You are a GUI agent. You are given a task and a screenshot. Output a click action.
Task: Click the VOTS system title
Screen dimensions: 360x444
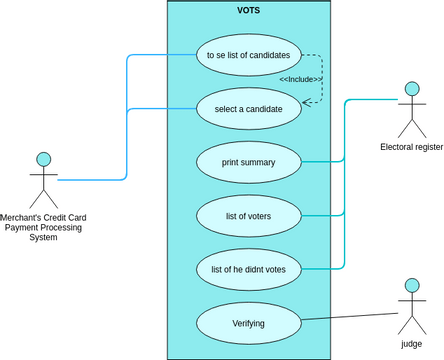click(x=249, y=10)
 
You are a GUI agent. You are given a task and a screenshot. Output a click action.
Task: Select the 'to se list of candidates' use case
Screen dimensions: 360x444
click(x=249, y=55)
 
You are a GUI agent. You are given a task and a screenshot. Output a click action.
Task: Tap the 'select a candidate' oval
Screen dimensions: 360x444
click(x=249, y=108)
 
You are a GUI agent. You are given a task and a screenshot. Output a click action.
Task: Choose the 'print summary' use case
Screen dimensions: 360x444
click(x=249, y=162)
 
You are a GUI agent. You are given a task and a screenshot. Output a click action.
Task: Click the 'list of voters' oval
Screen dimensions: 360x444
click(x=249, y=215)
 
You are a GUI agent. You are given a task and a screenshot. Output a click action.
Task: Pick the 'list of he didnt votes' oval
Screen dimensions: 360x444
click(x=249, y=269)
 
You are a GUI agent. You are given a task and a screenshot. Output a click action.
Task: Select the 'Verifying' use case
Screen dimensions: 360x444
click(x=249, y=323)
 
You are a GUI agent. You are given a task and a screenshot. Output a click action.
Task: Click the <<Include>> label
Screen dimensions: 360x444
click(x=299, y=79)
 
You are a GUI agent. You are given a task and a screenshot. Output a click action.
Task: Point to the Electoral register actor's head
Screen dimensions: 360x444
click(x=411, y=90)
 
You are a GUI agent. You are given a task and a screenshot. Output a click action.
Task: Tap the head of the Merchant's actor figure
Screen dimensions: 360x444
click(x=43, y=159)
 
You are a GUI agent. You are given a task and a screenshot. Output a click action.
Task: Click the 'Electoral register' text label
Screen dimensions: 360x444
click(x=411, y=147)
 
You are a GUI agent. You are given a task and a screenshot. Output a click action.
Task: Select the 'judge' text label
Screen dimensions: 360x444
click(x=411, y=343)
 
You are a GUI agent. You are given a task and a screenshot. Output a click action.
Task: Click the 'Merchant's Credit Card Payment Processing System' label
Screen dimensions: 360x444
click(x=43, y=227)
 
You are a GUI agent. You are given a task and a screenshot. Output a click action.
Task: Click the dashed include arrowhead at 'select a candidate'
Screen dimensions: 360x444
click(x=304, y=101)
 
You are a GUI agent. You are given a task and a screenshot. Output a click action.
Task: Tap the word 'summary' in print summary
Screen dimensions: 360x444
click(x=258, y=162)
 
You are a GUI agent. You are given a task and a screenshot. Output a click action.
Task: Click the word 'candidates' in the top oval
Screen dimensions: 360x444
click(x=268, y=55)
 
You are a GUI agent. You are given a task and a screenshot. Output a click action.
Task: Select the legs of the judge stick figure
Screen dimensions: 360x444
click(x=411, y=325)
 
